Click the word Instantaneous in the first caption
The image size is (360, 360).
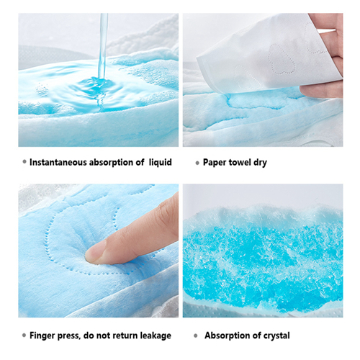[58, 162]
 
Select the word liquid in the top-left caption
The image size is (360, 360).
[161, 162]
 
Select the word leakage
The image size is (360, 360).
[156, 336]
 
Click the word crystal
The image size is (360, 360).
[276, 336]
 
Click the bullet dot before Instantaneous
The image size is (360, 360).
[24, 162]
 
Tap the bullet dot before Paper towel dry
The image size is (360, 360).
[197, 163]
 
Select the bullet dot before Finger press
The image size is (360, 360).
[24, 336]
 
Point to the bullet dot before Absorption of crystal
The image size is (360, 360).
[196, 336]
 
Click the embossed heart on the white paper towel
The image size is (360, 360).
[282, 59]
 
